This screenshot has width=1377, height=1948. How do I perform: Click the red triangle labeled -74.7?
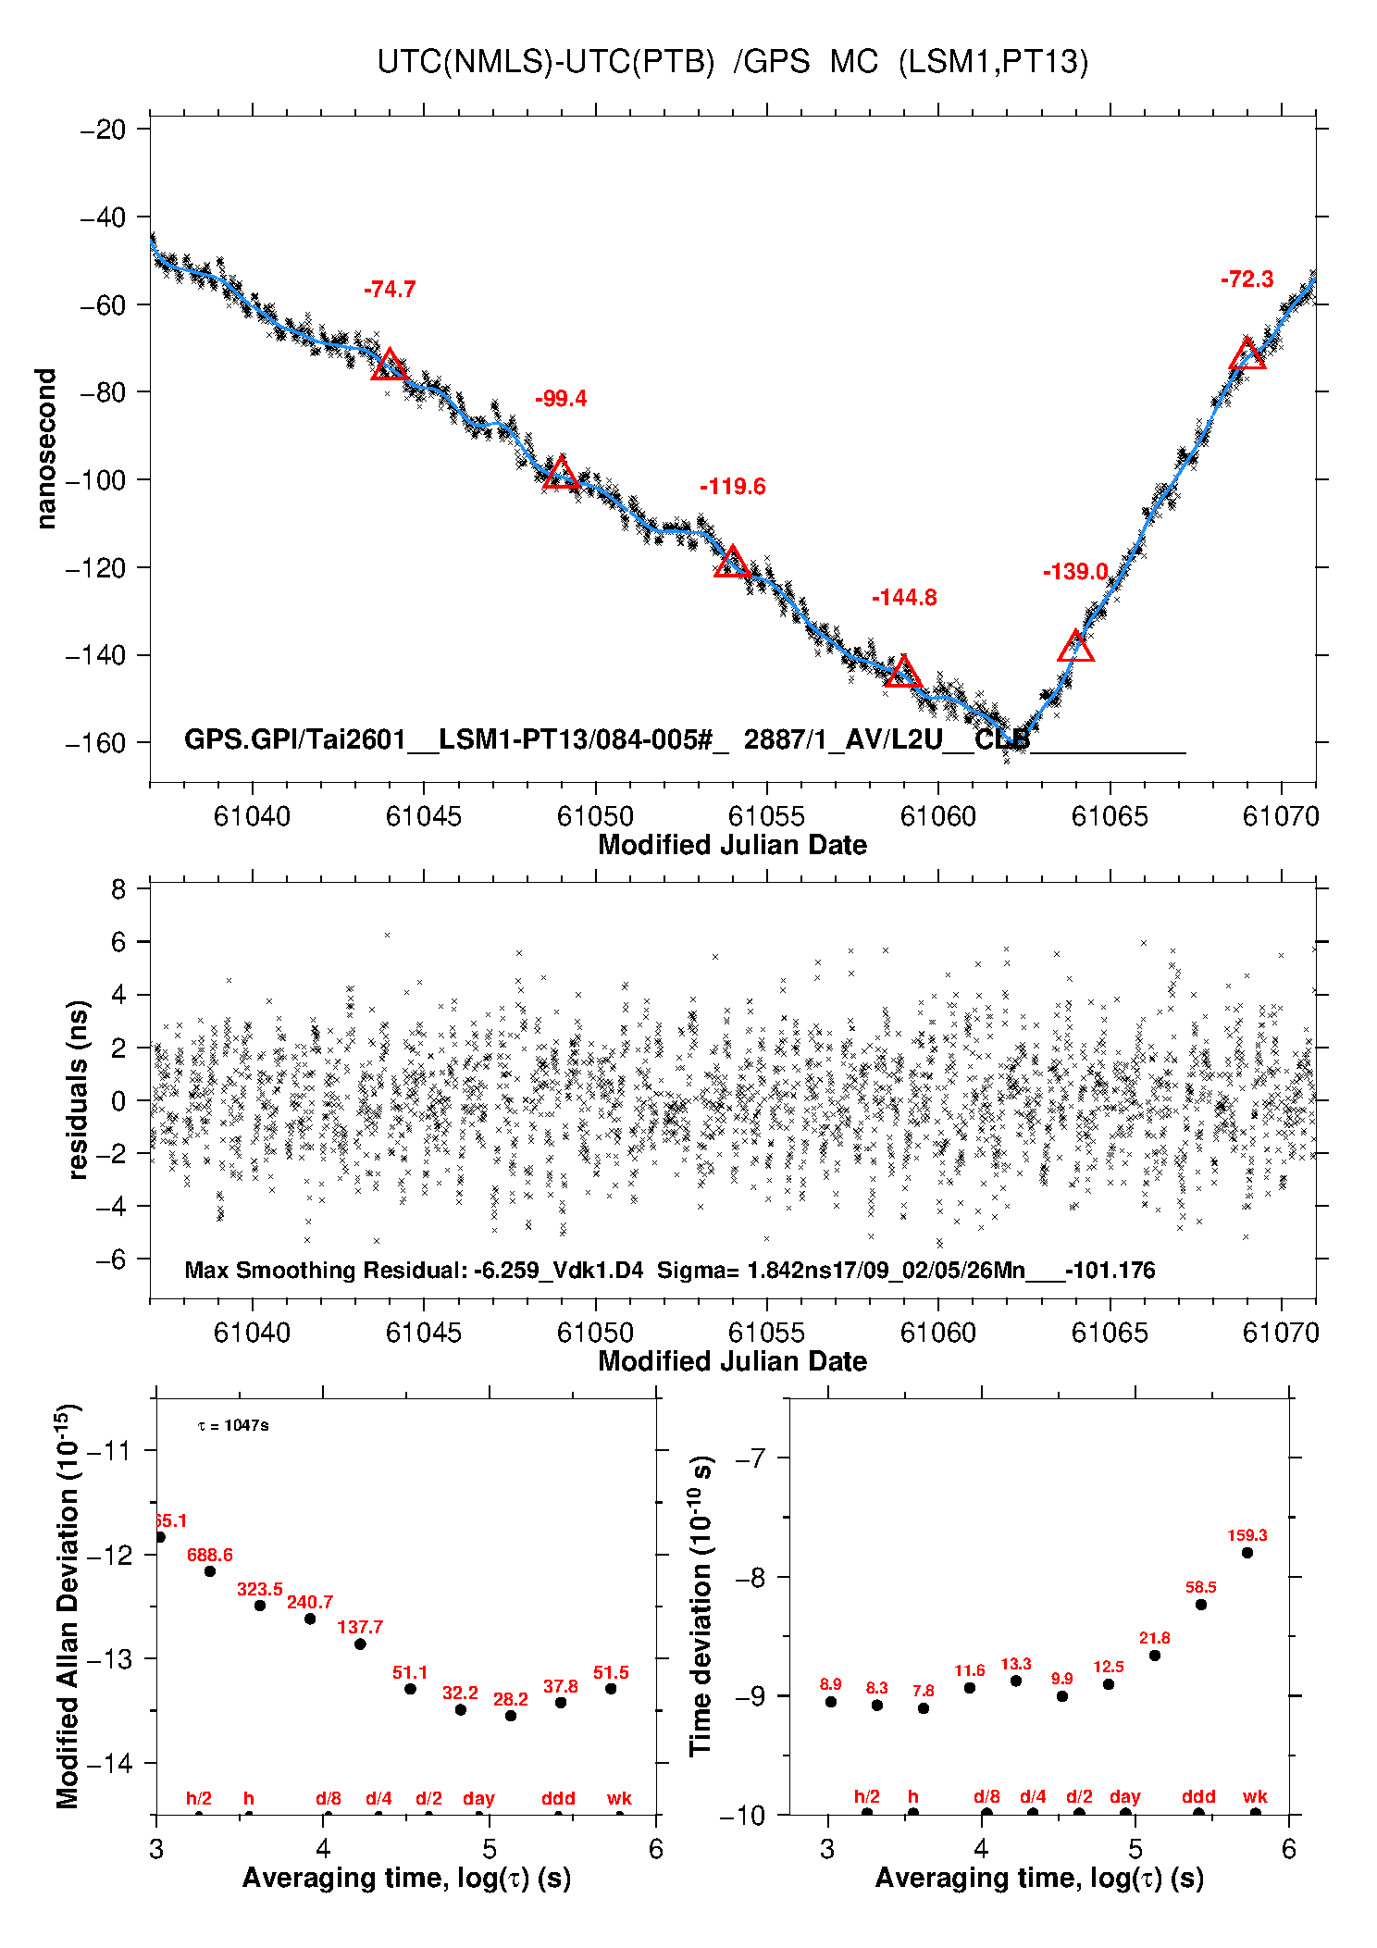(389, 366)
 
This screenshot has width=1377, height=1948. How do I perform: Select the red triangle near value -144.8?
(902, 673)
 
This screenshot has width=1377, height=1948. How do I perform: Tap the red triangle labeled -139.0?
(1075, 647)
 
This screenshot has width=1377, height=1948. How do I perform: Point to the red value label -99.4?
(561, 399)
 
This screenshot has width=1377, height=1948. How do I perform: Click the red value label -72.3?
(1247, 279)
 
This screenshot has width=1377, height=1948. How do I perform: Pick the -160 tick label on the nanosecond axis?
(95, 743)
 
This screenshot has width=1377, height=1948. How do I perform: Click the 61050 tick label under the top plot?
(595, 816)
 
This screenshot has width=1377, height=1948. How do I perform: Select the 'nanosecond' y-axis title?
(46, 449)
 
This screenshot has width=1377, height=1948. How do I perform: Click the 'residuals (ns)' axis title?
(78, 1089)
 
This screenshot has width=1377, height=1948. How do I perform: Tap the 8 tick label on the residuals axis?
(118, 890)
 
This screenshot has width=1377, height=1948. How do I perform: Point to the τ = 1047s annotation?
(233, 1425)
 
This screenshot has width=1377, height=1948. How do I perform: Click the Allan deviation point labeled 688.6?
(210, 1570)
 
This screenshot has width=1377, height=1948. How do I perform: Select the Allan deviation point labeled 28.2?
(510, 1715)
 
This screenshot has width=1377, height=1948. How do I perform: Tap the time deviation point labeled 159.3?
(1247, 1552)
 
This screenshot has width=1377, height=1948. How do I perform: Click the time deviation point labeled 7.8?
(924, 1707)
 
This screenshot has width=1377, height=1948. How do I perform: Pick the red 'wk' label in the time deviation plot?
(1255, 1796)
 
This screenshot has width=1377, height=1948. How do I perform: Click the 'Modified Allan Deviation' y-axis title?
(67, 1607)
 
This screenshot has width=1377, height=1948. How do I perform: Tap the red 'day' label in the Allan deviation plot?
(478, 1798)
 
